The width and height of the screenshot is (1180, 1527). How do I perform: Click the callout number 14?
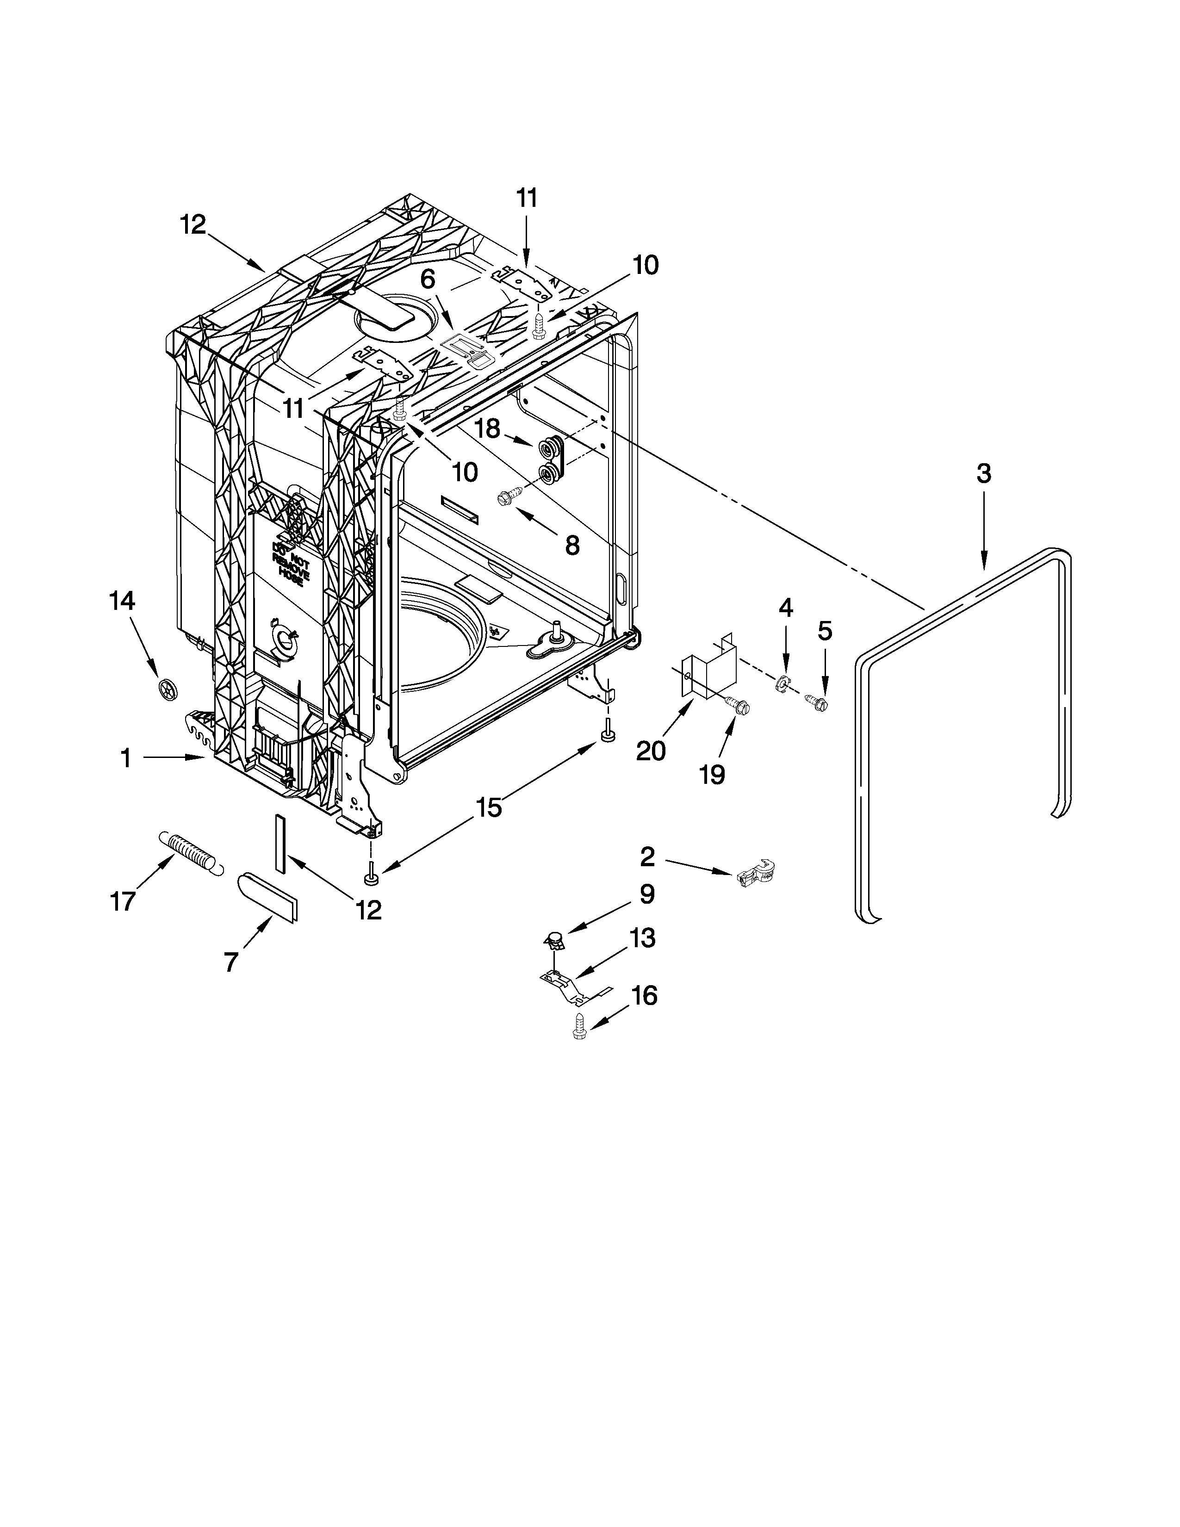tap(122, 601)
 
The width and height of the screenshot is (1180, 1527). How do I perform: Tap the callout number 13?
tap(642, 938)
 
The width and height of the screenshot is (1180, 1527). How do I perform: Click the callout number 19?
tap(712, 774)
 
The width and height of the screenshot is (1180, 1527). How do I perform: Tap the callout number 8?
tap(572, 546)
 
